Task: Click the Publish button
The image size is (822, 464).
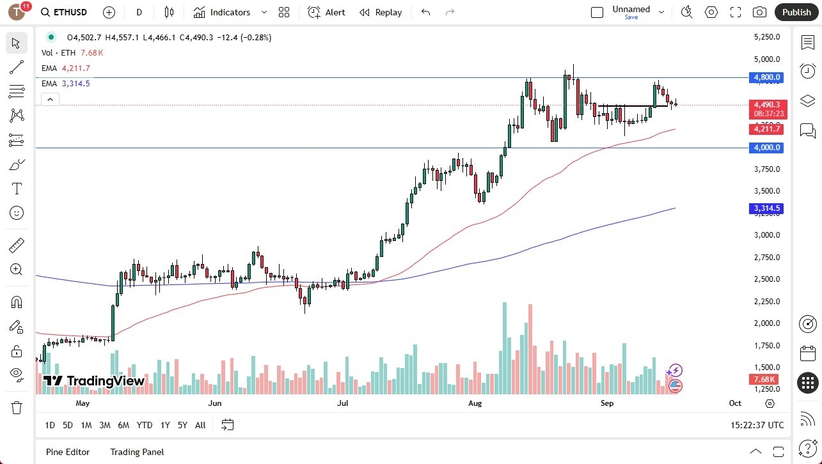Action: pyautogui.click(x=796, y=12)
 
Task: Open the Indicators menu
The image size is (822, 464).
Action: pyautogui.click(x=222, y=12)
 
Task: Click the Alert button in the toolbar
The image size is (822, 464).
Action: pyautogui.click(x=326, y=12)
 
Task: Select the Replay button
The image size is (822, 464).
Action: pyautogui.click(x=381, y=12)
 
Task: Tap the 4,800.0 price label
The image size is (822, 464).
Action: pyautogui.click(x=766, y=77)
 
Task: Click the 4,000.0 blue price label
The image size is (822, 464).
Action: pyautogui.click(x=766, y=148)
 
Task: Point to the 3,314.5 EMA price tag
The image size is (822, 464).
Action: pyautogui.click(x=766, y=208)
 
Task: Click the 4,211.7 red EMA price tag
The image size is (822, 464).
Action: pyautogui.click(x=766, y=129)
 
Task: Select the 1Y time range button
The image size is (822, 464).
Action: pyautogui.click(x=165, y=425)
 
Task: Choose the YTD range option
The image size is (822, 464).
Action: pyautogui.click(x=145, y=425)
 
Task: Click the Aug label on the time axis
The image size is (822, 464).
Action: pyautogui.click(x=475, y=403)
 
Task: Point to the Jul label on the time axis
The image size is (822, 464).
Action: pyautogui.click(x=343, y=403)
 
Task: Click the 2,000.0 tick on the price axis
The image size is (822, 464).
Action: pyautogui.click(x=766, y=323)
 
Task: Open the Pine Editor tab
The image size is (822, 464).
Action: pyautogui.click(x=67, y=452)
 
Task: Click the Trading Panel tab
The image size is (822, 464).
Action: pyautogui.click(x=137, y=452)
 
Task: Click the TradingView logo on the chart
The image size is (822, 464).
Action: pyautogui.click(x=94, y=382)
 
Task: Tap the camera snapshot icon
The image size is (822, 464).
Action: pyautogui.click(x=759, y=12)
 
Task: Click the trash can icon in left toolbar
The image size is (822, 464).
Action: pyautogui.click(x=17, y=407)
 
